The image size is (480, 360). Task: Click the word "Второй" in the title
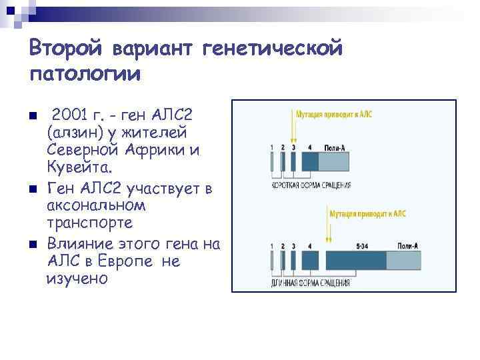coord(67,48)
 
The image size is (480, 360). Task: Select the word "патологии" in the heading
coord(85,73)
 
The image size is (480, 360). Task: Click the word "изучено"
coord(77,279)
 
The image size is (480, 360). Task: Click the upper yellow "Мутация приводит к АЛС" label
coord(334,114)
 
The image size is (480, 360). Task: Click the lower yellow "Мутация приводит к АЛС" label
coord(367,213)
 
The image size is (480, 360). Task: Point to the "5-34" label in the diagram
coord(363,246)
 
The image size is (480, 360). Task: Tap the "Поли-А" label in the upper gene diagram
coord(334,147)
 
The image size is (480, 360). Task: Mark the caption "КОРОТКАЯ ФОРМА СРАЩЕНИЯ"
coord(310,184)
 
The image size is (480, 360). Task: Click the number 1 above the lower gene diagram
coord(273,246)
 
